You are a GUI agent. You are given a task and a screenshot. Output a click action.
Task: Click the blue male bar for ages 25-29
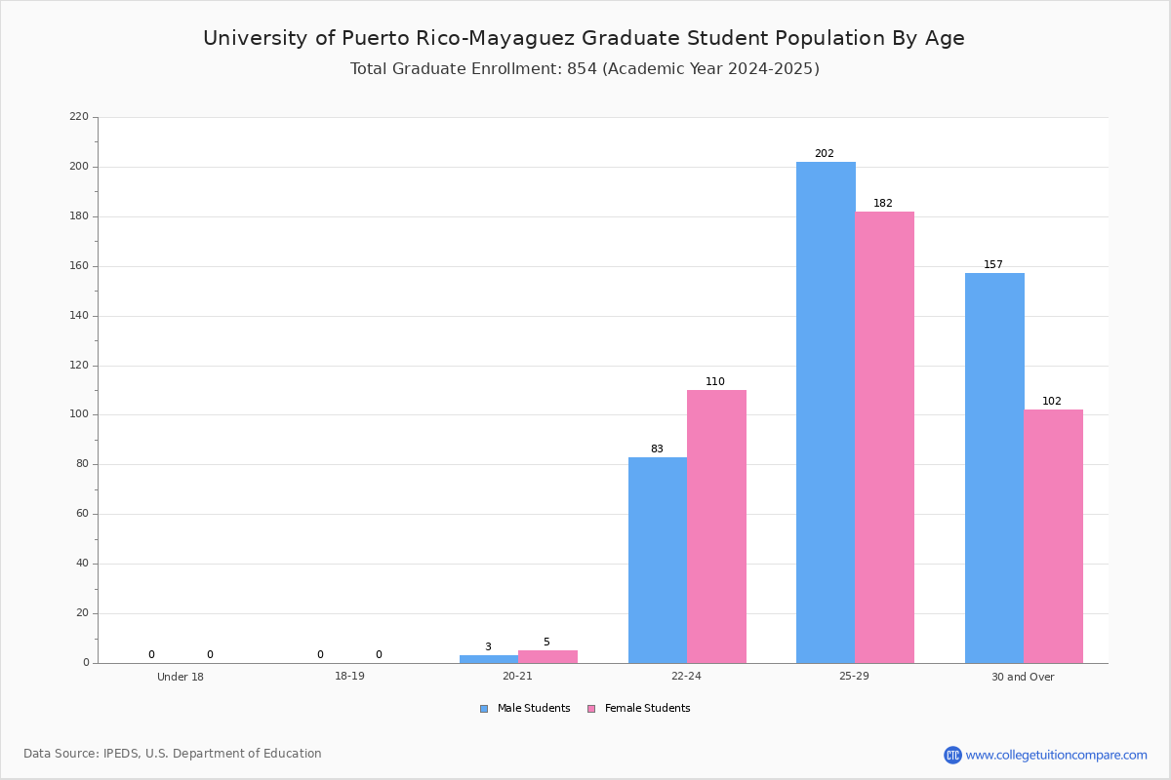coord(826,412)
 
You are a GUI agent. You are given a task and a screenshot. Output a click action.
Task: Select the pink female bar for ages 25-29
coord(884,437)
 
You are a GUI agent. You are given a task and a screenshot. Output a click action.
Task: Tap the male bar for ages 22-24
coord(658,560)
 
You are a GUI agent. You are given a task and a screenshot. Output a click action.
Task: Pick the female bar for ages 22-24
coord(716,526)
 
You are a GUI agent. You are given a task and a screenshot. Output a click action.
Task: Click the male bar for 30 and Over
coord(994,468)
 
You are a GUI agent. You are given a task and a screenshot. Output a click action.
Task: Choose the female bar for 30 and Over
coord(1053,536)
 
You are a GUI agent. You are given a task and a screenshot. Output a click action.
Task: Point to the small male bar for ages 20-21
coord(489,659)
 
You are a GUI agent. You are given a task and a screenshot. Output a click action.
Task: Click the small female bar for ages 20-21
coord(547,657)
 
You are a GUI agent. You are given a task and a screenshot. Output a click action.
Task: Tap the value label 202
coord(825,154)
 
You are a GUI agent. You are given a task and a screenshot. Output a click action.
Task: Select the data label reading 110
coord(715,382)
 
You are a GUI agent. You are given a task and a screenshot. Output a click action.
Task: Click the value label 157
coord(993,265)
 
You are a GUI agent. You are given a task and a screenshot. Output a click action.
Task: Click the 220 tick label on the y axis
coord(79,116)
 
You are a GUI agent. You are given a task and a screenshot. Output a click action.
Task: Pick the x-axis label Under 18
coord(181,677)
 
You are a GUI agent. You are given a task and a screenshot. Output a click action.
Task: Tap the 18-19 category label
coord(349,676)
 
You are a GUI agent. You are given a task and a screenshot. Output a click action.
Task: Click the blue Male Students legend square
coord(484,709)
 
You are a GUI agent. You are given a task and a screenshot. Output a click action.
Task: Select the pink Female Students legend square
coord(591,709)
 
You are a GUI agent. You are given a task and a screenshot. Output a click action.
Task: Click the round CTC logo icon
coord(952,755)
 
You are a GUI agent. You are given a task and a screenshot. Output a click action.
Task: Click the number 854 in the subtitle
coord(582,69)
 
